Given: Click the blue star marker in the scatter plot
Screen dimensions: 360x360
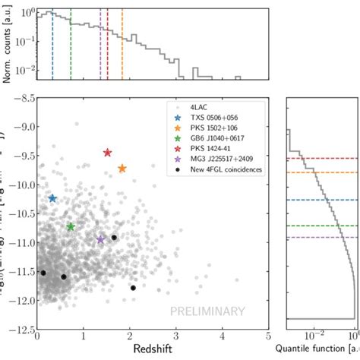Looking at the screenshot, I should (52, 198).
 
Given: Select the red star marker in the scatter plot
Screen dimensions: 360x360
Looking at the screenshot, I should (107, 153).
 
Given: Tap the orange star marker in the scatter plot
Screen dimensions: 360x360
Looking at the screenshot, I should (122, 168).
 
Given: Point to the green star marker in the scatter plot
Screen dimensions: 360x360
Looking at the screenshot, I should (71, 227).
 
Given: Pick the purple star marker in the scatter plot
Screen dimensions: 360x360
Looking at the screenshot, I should (100, 239).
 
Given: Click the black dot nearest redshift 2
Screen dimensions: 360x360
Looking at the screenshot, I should (133, 288).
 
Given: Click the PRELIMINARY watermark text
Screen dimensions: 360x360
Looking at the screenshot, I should (207, 311).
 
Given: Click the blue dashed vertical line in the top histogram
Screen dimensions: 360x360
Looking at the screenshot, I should (52, 46).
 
